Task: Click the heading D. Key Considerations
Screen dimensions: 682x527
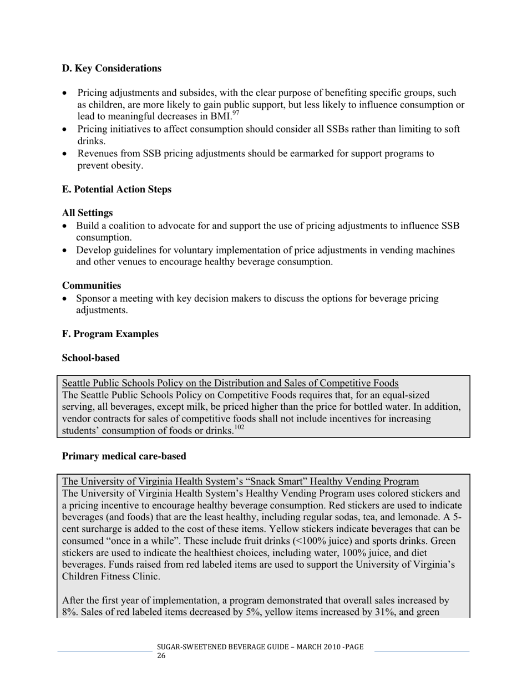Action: (x=112, y=68)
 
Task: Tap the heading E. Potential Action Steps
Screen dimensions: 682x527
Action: (x=116, y=190)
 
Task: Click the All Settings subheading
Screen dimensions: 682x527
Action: (x=87, y=213)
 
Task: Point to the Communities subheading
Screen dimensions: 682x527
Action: (x=91, y=286)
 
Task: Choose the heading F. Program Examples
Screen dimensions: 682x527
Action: (x=110, y=334)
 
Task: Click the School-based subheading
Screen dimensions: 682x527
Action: (x=90, y=358)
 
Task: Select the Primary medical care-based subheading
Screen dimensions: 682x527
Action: (x=124, y=456)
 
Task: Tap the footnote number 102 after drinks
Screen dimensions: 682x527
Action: (x=239, y=427)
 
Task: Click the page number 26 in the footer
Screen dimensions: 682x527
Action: (x=161, y=656)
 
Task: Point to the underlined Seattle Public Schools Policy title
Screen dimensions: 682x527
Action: (x=230, y=383)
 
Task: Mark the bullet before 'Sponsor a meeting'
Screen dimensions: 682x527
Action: (x=66, y=299)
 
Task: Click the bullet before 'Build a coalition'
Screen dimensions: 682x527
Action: (x=66, y=226)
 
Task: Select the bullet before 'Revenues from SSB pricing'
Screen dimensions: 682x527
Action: (x=66, y=154)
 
